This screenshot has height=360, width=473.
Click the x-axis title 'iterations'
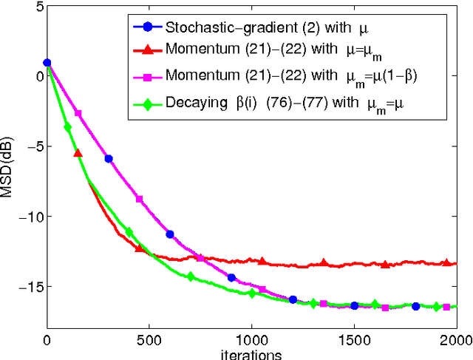click(251, 354)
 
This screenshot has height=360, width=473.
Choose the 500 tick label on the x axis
click(149, 339)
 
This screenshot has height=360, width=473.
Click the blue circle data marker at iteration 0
click(47, 63)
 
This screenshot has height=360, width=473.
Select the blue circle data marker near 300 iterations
click(109, 158)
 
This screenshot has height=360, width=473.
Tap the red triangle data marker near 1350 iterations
click(323, 263)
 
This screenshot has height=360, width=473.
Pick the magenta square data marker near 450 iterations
click(139, 198)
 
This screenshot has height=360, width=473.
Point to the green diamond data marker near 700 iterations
click(191, 276)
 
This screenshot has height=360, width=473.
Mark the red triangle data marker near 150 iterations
click(78, 153)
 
